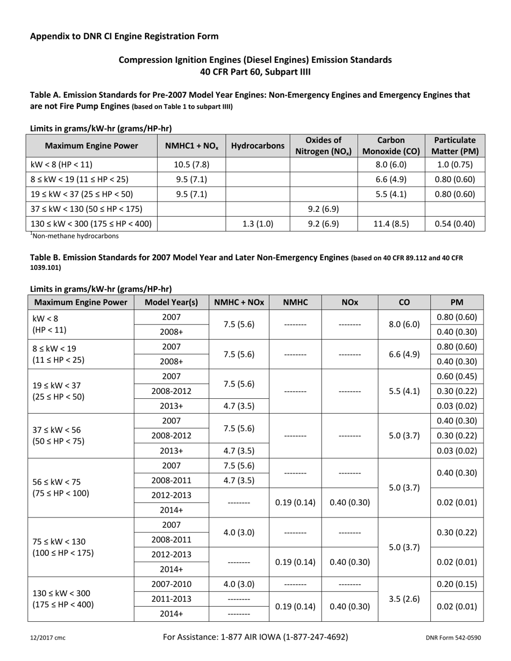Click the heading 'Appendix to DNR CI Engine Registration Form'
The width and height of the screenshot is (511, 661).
click(x=124, y=37)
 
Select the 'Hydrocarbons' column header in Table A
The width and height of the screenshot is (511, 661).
click(x=258, y=146)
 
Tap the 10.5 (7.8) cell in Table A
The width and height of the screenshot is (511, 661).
click(x=191, y=164)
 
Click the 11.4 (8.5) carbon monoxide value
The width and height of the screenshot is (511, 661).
click(x=391, y=224)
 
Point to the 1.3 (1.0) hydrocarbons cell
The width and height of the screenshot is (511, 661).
click(x=258, y=224)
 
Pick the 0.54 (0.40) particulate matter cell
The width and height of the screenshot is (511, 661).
click(x=455, y=224)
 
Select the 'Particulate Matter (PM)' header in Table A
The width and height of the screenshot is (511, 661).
click(x=455, y=146)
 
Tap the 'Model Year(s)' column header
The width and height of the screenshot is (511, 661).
click(x=172, y=303)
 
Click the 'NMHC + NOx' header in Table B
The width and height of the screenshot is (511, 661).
click(x=239, y=303)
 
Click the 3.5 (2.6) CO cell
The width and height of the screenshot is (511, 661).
click(x=404, y=599)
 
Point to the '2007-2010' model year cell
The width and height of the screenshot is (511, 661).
click(x=172, y=584)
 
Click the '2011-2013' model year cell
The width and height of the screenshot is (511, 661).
click(x=172, y=599)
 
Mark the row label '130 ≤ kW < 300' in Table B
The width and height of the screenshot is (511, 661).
click(x=61, y=593)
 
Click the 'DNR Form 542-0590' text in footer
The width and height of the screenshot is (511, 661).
click(x=453, y=638)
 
